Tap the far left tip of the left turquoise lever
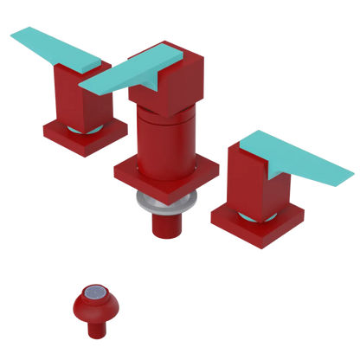click(x=12, y=35)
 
